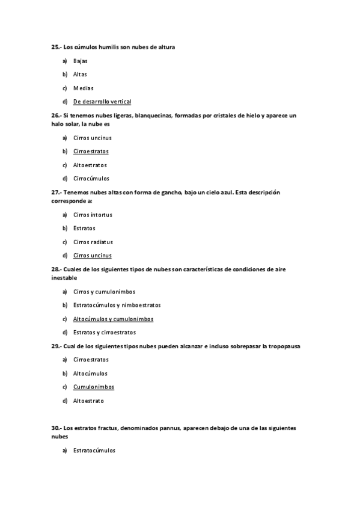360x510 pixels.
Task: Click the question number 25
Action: (x=55, y=47)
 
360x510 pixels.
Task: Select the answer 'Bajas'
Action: (x=81, y=61)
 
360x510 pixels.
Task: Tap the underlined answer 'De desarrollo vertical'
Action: (x=102, y=102)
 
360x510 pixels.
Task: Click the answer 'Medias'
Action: (x=83, y=88)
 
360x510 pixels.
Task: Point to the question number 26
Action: (x=55, y=115)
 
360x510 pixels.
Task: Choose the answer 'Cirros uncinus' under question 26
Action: (x=92, y=138)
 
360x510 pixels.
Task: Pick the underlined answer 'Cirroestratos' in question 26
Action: (x=91, y=151)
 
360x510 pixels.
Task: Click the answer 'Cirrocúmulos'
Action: (x=91, y=178)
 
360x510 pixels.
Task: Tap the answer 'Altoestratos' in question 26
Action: (x=90, y=165)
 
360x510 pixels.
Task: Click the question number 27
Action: (x=55, y=192)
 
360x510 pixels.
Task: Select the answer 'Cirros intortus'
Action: (x=93, y=215)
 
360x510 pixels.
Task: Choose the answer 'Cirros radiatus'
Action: (x=93, y=242)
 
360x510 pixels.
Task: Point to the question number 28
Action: (x=55, y=269)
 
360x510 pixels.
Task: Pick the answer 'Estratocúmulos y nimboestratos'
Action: (x=117, y=305)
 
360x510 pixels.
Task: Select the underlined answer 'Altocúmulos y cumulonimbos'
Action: (x=113, y=319)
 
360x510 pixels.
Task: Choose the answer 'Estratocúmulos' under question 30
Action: (x=94, y=450)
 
